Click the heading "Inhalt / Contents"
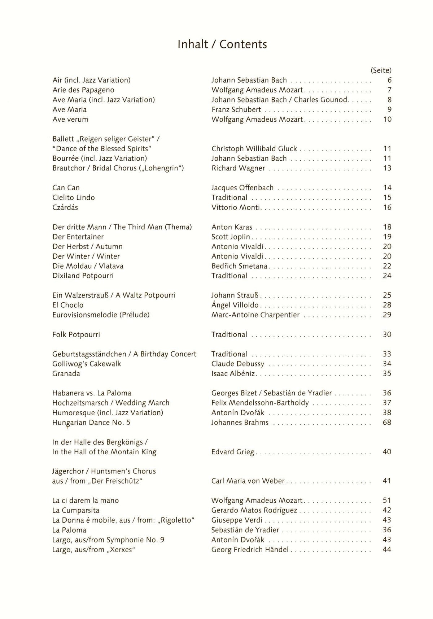click(222, 44)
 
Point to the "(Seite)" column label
click(381, 70)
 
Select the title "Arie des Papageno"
click(83, 90)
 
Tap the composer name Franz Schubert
click(236, 109)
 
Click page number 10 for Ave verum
click(387, 119)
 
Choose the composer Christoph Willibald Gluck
click(254, 148)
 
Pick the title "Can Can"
click(66, 188)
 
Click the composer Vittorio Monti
click(236, 207)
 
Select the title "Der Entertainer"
click(78, 237)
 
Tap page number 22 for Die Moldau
click(387, 266)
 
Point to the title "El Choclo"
click(68, 305)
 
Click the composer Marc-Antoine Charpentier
click(255, 315)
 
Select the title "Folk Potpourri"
click(76, 334)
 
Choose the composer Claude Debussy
click(238, 364)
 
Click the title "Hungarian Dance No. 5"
click(91, 423)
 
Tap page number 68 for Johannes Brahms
click(387, 422)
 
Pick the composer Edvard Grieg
click(233, 452)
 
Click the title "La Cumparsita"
click(76, 510)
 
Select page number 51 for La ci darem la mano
click(387, 501)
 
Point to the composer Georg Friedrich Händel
click(250, 550)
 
